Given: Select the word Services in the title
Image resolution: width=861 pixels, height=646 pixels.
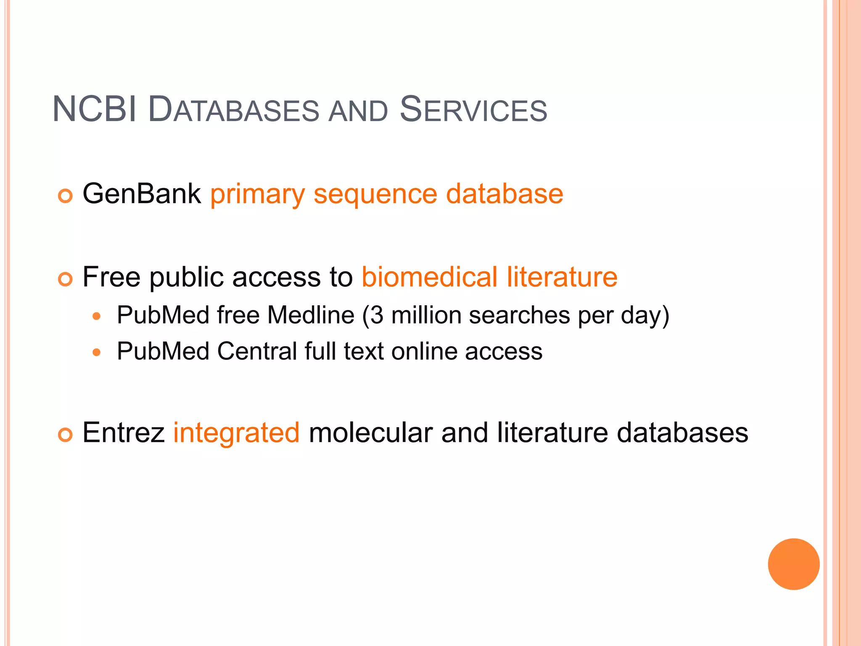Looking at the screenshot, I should pos(473,110).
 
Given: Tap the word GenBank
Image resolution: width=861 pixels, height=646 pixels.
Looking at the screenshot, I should pos(142,194).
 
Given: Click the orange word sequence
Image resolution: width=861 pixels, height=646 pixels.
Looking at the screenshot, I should pos(375,195).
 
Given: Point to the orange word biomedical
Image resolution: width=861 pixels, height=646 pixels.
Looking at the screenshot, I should pos(429,277).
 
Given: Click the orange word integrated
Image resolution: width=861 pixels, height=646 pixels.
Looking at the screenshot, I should pos(236,433).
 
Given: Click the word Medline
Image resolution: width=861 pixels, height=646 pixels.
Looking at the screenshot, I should pos(311,315).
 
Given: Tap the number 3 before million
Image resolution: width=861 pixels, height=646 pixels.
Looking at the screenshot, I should pos(377,315).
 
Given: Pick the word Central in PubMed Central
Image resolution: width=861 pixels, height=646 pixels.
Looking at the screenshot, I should pos(257,351).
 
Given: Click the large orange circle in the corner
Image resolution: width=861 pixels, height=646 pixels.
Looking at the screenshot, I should pos(793,564).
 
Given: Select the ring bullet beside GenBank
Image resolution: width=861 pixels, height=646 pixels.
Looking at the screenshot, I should pos(66,196).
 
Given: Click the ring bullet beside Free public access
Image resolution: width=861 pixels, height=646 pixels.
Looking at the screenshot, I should pos(66,279).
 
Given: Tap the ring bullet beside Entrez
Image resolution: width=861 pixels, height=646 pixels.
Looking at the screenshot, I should pos(66,434).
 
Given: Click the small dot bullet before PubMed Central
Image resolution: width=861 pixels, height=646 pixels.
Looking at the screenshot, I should pos(97,352).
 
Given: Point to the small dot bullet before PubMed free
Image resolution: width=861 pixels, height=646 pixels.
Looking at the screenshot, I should pos(97,316).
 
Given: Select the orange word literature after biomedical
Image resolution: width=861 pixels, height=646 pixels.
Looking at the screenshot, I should pos(562,277).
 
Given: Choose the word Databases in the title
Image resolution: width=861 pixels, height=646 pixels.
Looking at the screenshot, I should pos(234,110).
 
